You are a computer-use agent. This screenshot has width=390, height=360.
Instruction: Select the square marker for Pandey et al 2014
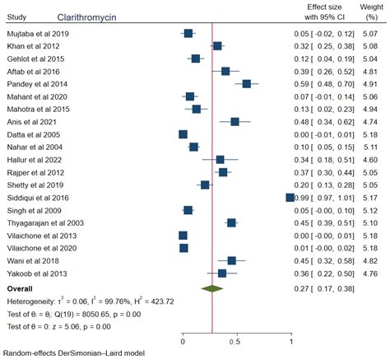tap(247, 84)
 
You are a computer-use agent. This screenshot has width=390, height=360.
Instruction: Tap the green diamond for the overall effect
tap(212, 288)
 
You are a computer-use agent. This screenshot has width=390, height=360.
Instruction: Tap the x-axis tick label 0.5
tap(237, 339)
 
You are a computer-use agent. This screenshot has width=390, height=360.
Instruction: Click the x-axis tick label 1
tap(291, 339)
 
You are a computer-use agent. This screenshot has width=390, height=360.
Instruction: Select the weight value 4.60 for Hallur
tap(370, 159)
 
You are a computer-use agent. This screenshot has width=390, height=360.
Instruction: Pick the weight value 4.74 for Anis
tap(370, 122)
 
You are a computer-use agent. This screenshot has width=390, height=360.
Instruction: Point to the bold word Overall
tap(21, 289)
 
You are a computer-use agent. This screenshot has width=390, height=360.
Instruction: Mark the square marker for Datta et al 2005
tap(183, 134)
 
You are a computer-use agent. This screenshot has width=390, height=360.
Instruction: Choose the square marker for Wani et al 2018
tap(232, 260)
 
